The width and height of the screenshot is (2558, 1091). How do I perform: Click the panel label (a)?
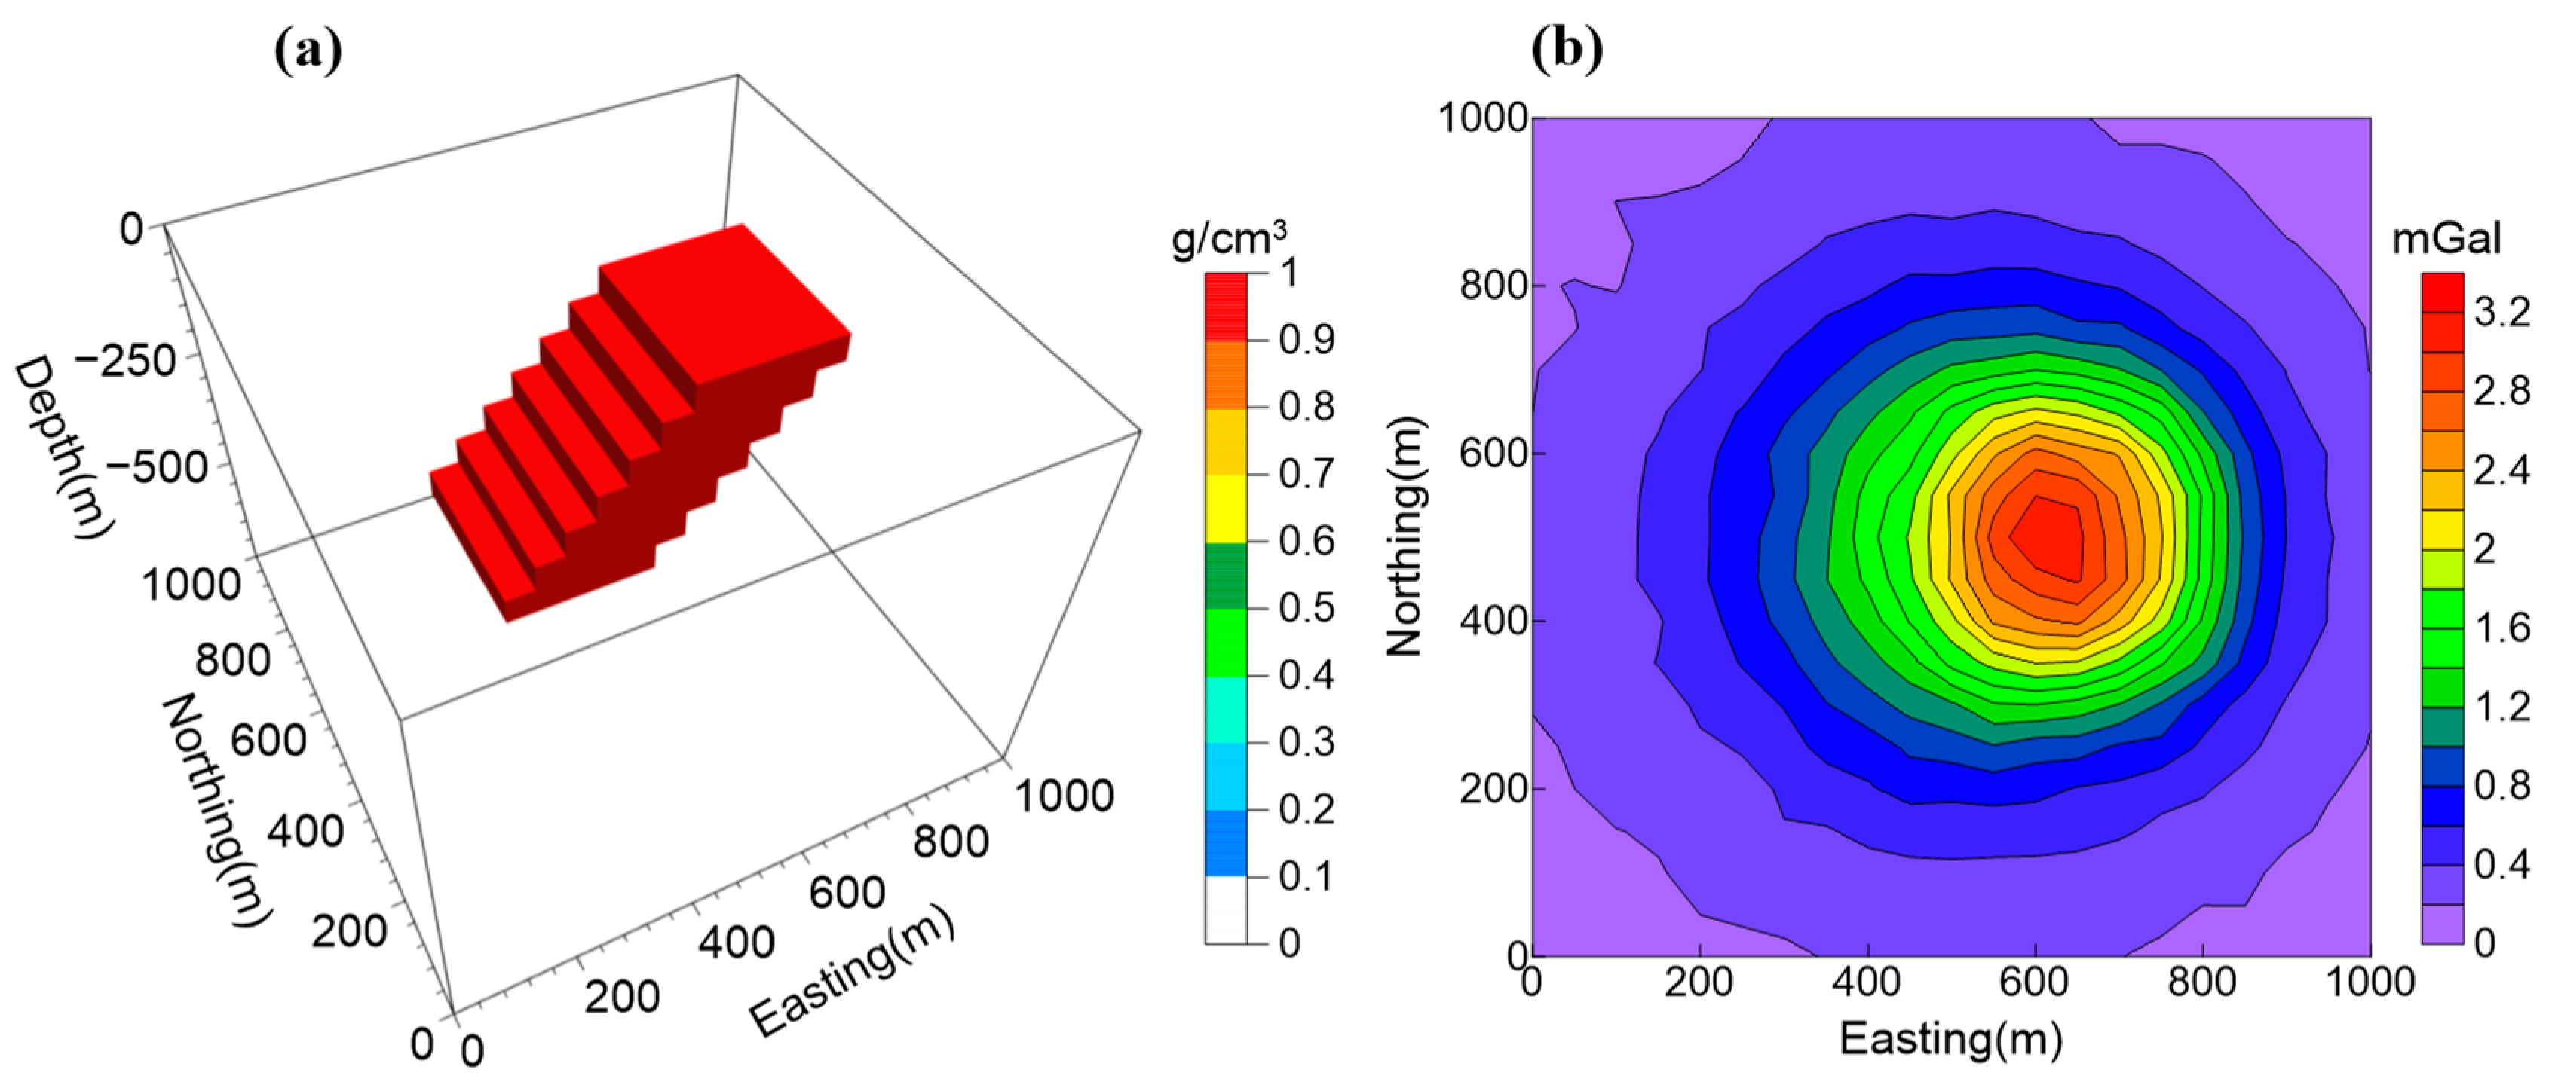pos(308,50)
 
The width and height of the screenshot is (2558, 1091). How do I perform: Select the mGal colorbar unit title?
pos(2446,240)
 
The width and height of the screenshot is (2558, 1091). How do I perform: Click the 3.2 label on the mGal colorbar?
pos(2501,313)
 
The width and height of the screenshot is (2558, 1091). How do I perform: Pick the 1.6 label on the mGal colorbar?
pos(2501,628)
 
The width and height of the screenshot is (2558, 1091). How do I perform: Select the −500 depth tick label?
pos(156,466)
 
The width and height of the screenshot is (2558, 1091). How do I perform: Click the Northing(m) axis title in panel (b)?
pos(1405,536)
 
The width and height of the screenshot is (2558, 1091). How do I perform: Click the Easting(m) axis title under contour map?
pos(1950,1039)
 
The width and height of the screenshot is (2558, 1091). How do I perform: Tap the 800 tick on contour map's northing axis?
pos(1493,286)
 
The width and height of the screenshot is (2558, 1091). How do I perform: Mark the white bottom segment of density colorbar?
pos(1227,909)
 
